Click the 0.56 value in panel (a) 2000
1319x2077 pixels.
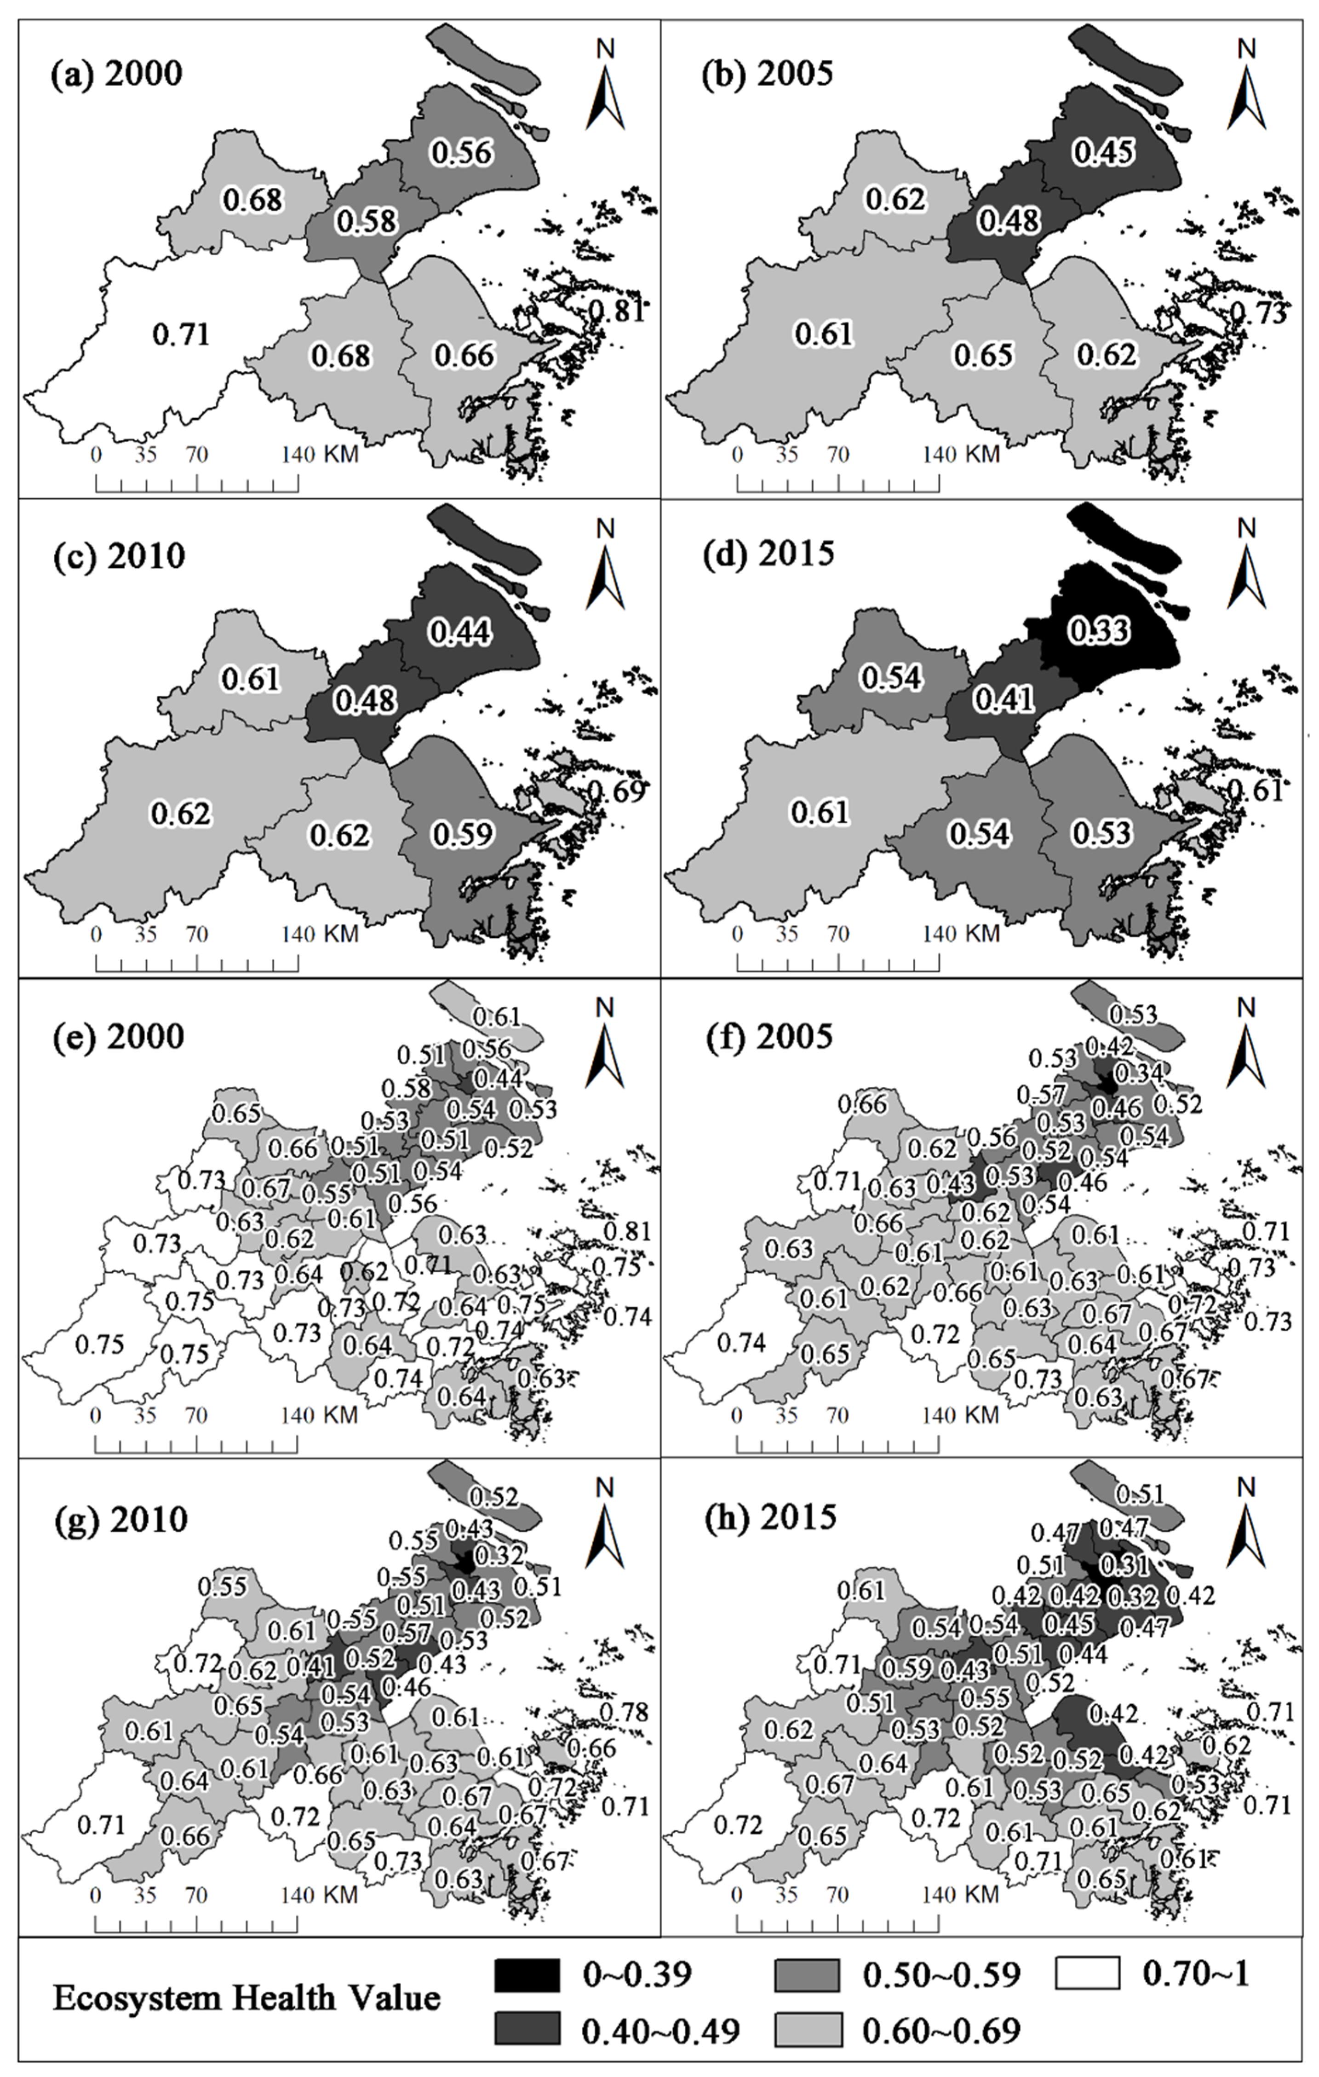click(x=462, y=153)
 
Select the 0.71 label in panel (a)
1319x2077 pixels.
click(x=181, y=334)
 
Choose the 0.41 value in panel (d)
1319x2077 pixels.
click(x=1004, y=698)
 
